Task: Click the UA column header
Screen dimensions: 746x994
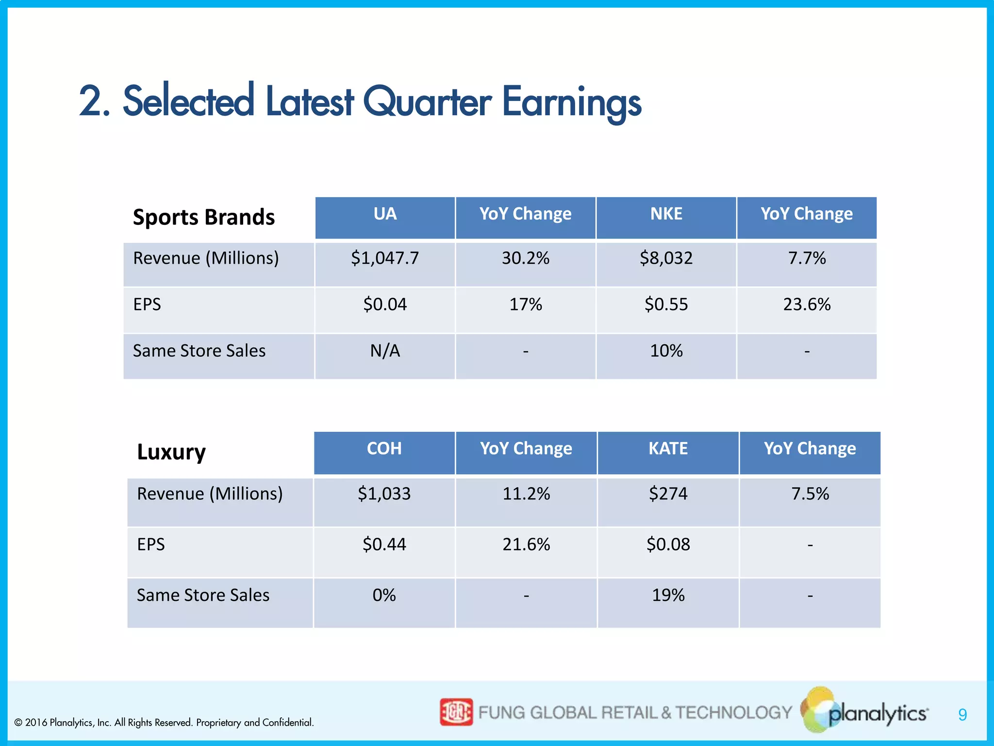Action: coord(385,214)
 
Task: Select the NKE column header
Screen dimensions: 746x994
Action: coord(666,214)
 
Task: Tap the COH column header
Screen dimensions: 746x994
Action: coord(384,449)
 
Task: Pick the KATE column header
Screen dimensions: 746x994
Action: coord(668,449)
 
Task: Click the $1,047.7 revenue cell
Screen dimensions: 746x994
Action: coord(385,258)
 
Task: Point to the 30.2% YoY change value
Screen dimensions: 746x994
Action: coord(526,258)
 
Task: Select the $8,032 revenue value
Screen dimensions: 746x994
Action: coord(666,258)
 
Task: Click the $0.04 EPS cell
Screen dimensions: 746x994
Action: coord(385,305)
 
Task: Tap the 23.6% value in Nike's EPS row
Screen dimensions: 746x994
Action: coord(807,305)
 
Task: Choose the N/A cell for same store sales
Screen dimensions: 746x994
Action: coord(385,351)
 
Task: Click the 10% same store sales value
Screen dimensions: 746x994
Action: coord(666,351)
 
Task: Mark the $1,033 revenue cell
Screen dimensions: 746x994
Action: coord(384,494)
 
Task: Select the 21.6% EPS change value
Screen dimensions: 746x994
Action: coord(526,544)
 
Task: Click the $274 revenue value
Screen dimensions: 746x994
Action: coord(668,494)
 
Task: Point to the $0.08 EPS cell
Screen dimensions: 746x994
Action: coord(668,544)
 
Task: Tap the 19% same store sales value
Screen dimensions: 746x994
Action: coord(668,595)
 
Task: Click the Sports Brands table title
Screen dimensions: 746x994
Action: coord(204,217)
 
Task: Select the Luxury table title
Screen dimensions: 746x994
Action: coord(171,452)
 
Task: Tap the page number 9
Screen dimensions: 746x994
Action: coord(962,715)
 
